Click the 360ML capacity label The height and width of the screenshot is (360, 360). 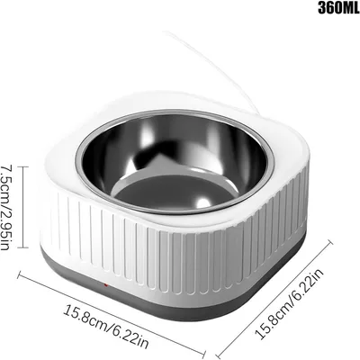320,11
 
